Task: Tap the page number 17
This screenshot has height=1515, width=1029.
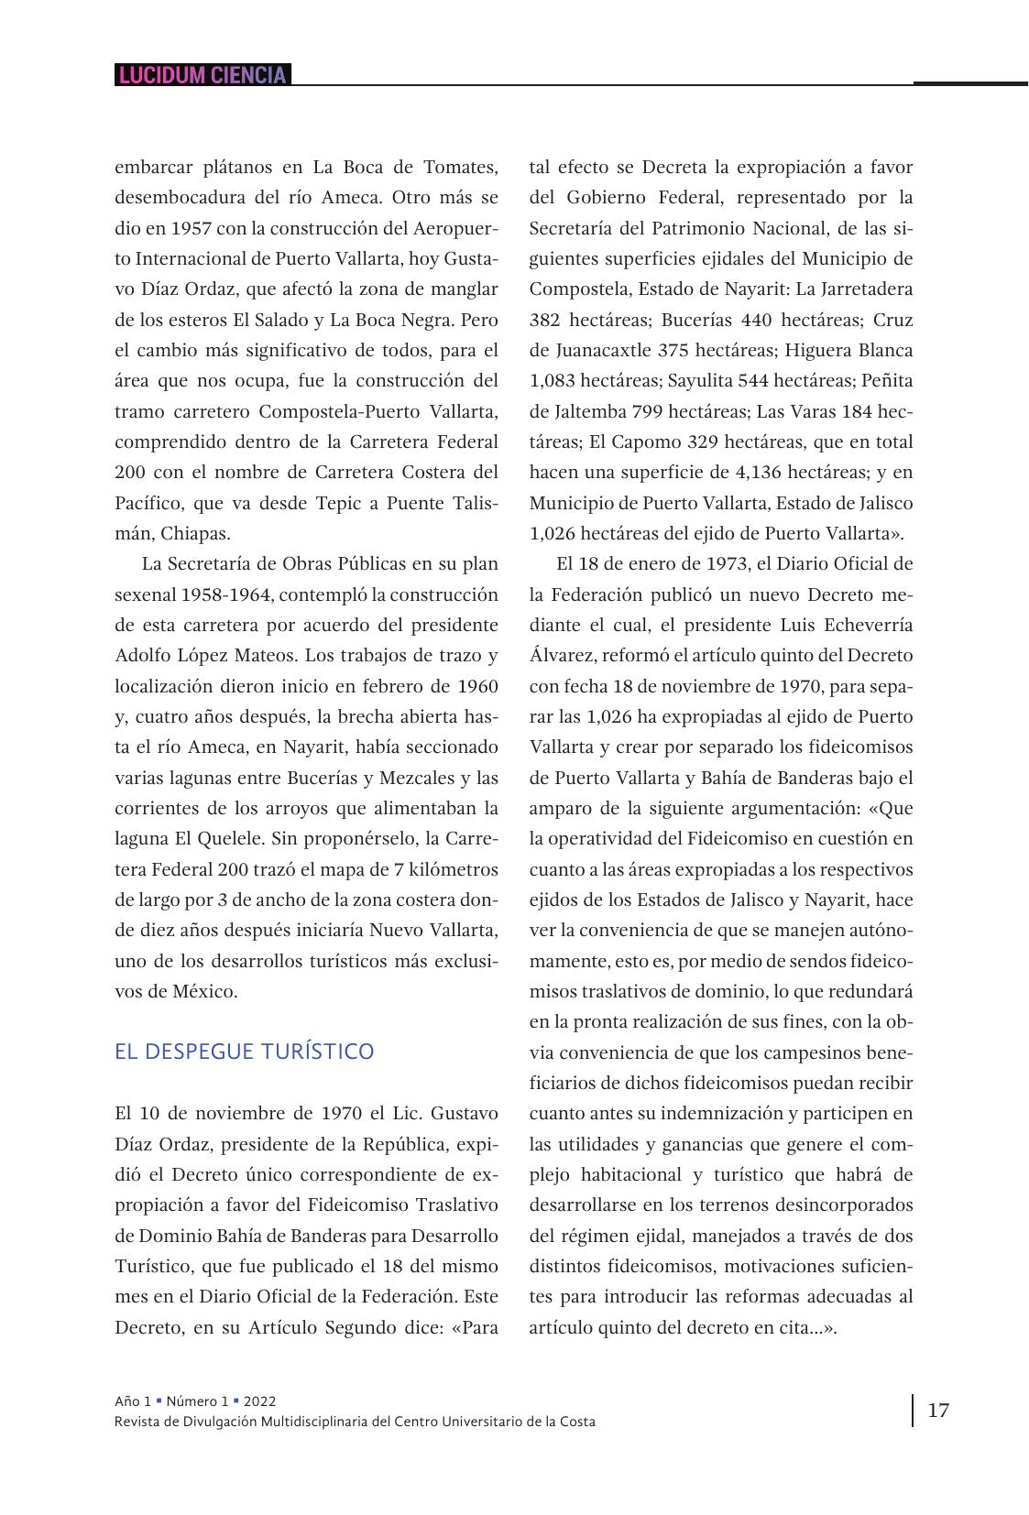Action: click(938, 1410)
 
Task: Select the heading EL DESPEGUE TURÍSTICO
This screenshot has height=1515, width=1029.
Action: click(244, 1051)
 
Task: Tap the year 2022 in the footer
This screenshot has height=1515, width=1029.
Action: click(260, 1401)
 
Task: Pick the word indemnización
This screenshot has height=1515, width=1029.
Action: click(741, 1113)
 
